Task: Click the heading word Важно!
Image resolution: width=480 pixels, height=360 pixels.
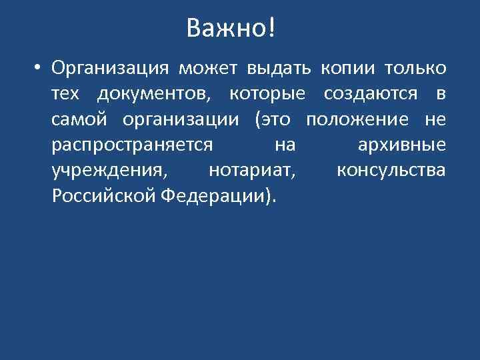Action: pos(230,29)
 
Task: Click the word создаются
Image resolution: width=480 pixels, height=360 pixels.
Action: pos(373,95)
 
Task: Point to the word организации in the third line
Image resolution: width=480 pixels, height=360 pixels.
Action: pos(189,120)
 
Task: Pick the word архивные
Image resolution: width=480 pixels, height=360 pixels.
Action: pos(401,145)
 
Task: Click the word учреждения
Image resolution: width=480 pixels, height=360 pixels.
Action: pos(108,171)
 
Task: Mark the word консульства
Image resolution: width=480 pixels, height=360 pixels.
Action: pos(391,171)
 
